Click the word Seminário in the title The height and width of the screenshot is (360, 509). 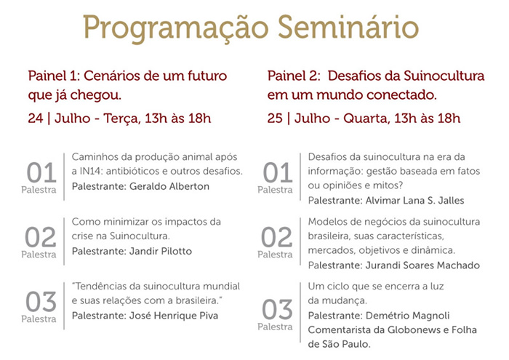(x=348, y=27)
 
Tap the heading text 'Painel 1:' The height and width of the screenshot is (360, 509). (x=54, y=76)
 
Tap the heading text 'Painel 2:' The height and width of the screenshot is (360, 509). (x=294, y=76)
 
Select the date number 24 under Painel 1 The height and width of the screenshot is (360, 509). (x=36, y=118)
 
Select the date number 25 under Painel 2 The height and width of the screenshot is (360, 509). (x=275, y=118)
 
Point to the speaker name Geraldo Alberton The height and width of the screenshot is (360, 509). (x=169, y=186)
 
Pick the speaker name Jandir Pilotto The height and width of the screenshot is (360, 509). (x=161, y=251)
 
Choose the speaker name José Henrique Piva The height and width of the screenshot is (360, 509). (x=174, y=316)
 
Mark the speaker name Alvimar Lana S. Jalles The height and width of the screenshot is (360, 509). (x=414, y=200)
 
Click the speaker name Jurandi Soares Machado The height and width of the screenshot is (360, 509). (x=422, y=265)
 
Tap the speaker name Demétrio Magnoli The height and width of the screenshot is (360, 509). (x=408, y=316)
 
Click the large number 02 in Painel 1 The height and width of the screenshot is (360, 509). (x=41, y=237)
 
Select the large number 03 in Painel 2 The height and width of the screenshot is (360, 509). (x=277, y=309)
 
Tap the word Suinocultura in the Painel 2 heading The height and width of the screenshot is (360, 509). (x=444, y=76)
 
